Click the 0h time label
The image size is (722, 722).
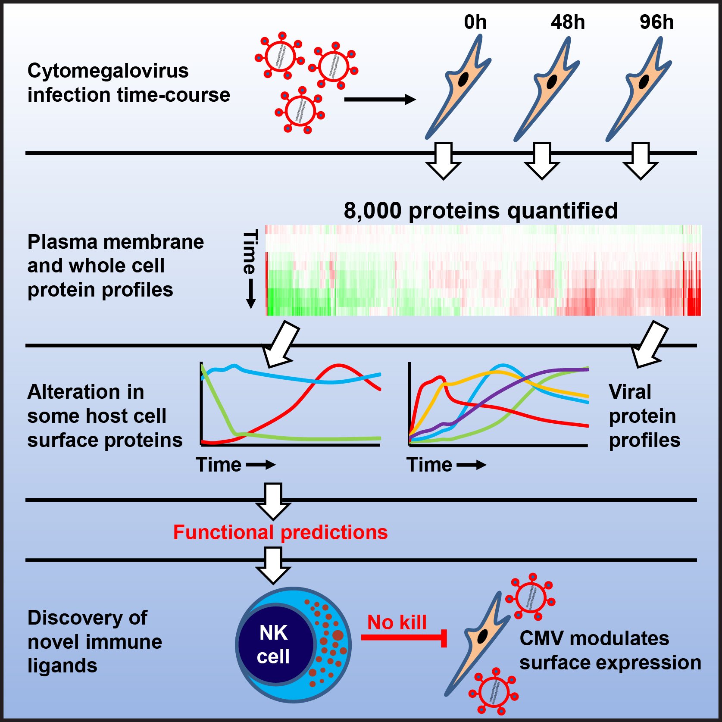(x=475, y=22)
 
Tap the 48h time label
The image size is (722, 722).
(x=568, y=22)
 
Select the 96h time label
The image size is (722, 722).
(x=656, y=22)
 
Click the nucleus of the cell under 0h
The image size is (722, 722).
(x=463, y=79)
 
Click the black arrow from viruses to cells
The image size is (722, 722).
(x=379, y=100)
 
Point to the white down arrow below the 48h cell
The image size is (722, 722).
(x=542, y=161)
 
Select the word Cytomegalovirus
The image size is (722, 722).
(x=108, y=71)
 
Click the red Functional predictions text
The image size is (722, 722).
(x=280, y=532)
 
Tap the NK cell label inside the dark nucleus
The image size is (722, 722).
(x=273, y=644)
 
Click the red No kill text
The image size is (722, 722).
(x=397, y=622)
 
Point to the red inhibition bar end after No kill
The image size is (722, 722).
(x=444, y=638)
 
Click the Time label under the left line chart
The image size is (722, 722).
(x=219, y=465)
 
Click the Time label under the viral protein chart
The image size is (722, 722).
(x=429, y=465)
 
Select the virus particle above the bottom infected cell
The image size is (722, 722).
(x=531, y=597)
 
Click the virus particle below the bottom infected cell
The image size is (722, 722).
(x=494, y=691)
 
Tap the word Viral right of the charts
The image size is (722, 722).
(x=630, y=392)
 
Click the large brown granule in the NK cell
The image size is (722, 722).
(x=338, y=635)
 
